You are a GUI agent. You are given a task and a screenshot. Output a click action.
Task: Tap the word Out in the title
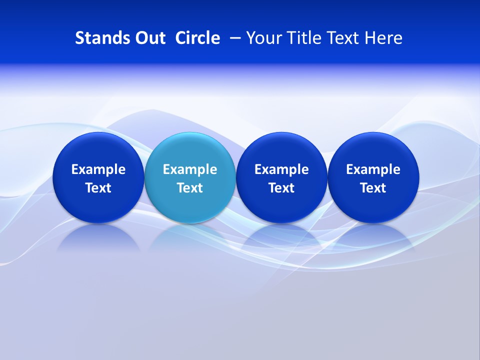tap(148, 38)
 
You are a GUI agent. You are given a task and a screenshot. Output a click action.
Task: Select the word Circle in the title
tap(197, 38)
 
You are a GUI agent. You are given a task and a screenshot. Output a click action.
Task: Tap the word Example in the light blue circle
tap(190, 170)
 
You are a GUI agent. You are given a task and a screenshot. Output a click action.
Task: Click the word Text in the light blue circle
tap(190, 188)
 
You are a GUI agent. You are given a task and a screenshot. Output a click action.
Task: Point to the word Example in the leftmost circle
tap(98, 170)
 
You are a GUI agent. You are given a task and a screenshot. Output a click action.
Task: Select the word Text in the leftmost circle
tap(98, 188)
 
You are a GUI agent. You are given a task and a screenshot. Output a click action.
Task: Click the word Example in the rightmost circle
tap(373, 170)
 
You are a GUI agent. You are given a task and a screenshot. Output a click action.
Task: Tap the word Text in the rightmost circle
tap(373, 188)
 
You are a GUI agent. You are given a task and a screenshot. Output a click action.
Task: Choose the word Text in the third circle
tap(281, 188)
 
